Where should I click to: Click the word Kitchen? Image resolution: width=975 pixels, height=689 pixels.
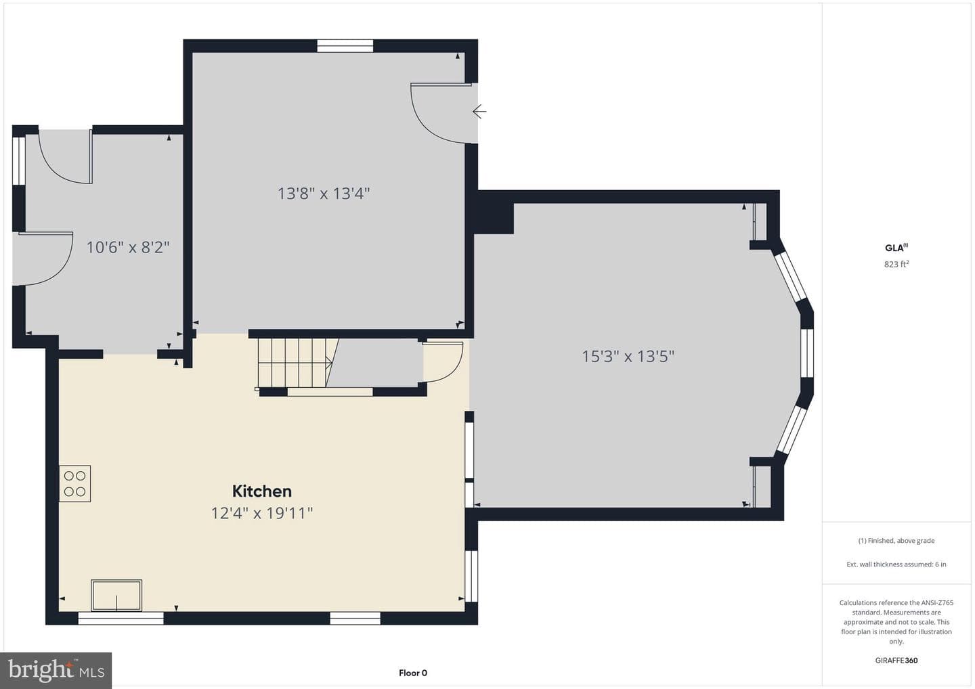(261, 491)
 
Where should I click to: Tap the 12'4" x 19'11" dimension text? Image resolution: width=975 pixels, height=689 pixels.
(262, 513)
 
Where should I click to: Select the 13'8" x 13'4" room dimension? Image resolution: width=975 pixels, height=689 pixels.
(324, 193)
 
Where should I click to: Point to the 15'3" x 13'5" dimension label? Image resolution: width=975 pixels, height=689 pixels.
(628, 356)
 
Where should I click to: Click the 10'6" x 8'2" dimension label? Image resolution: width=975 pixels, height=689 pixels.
(128, 247)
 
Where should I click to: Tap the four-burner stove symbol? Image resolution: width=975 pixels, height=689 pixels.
(75, 484)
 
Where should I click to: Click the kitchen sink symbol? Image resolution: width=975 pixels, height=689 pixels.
(116, 595)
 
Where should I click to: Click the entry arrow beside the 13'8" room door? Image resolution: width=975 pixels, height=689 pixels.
(479, 112)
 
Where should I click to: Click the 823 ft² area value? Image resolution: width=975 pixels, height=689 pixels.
(896, 264)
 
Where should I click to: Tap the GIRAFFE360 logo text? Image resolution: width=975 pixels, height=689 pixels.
(896, 661)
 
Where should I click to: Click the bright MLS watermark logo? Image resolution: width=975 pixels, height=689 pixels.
(56, 670)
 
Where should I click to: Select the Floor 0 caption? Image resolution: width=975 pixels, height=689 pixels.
(413, 673)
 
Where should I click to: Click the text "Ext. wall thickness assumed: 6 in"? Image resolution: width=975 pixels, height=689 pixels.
(896, 564)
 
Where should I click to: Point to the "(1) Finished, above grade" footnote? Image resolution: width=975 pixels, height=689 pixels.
(896, 541)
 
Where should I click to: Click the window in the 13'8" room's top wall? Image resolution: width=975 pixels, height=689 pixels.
(345, 45)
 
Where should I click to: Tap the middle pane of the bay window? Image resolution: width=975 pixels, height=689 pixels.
(807, 353)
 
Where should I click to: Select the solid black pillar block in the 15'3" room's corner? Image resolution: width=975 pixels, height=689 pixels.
(494, 218)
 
